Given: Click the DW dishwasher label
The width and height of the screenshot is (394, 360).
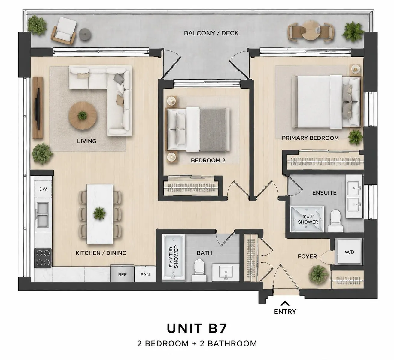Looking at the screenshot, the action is tap(43, 189).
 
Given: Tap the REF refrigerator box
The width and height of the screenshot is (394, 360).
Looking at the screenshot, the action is tap(122, 274).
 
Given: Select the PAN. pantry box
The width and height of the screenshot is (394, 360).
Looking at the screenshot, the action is tap(145, 274).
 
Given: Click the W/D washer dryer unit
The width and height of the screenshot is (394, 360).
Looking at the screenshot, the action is tap(349, 252).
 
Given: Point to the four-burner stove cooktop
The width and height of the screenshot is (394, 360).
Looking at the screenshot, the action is tap(43, 258).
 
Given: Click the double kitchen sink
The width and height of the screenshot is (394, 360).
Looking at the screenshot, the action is tap(43, 215).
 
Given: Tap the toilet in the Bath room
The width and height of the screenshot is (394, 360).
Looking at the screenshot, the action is tap(199, 270).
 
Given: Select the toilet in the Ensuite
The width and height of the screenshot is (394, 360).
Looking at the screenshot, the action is tap(335, 221).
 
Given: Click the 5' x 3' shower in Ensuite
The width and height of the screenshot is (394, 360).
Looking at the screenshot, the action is tap(307, 219).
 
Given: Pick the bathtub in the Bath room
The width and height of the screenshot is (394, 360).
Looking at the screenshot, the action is tap(174, 257).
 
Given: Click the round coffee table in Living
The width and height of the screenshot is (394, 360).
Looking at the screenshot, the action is tap(83, 116).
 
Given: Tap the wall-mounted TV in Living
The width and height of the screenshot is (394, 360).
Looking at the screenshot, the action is tap(37, 109).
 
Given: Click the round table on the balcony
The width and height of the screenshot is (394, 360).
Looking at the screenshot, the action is tap(311, 30).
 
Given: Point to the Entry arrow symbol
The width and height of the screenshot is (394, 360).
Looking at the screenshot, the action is tap(285, 303).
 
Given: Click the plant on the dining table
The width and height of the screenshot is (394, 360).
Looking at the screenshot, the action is tap(99, 213).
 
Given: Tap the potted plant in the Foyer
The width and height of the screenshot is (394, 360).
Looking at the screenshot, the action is tap(318, 274).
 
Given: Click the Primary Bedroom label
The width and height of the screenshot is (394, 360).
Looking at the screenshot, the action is tap(310, 138).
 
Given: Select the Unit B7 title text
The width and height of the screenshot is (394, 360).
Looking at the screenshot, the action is tap(197, 328).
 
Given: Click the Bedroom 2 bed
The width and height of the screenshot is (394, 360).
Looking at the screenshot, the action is tap(198, 129).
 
